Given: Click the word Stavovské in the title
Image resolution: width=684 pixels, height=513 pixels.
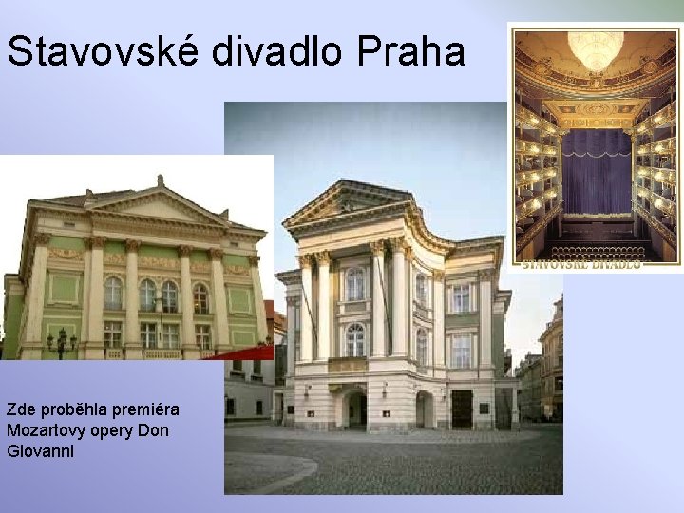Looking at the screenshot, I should [104, 51].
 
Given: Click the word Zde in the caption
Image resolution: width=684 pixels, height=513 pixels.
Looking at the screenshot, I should [20, 409].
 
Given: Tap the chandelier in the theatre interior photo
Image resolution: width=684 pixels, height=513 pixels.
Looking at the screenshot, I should [596, 47].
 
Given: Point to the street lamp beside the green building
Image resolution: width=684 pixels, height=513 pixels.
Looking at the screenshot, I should [62, 343].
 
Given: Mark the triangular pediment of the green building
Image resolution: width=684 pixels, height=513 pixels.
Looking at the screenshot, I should [157, 205].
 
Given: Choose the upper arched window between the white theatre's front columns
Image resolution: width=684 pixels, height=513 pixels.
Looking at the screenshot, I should [355, 283].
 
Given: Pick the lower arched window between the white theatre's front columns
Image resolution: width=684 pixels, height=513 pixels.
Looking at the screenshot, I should [355, 339].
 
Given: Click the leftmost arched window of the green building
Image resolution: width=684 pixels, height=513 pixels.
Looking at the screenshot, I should [113, 293].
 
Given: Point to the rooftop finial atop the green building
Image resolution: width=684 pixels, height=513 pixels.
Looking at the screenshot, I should [161, 180].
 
